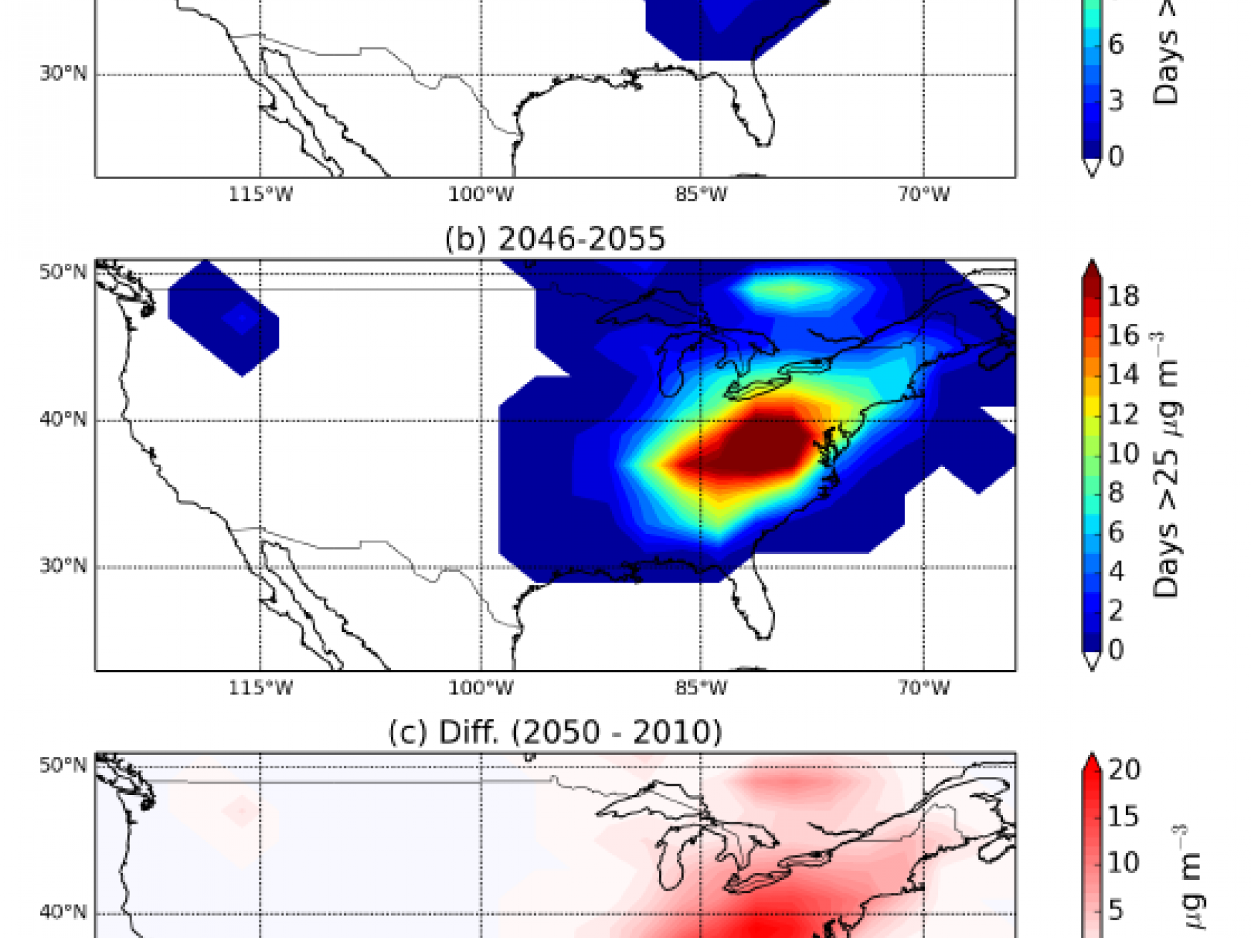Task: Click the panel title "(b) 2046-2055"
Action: [555, 239]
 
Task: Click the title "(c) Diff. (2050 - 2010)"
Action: [555, 732]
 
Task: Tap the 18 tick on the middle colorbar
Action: [1123, 296]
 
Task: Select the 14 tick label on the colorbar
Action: [1123, 375]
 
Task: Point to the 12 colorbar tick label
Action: [1123, 414]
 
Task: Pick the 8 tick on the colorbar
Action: [1116, 493]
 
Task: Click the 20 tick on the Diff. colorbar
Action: [1125, 770]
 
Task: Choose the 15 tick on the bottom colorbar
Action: [1123, 816]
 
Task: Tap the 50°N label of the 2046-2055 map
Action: [63, 273]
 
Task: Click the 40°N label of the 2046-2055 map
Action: [63, 420]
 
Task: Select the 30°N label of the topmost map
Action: [63, 73]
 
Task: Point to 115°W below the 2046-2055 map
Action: [261, 687]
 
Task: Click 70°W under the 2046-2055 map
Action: [924, 687]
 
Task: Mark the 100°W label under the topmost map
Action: [480, 194]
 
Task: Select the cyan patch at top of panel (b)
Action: [792, 291]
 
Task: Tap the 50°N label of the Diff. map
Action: [63, 766]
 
